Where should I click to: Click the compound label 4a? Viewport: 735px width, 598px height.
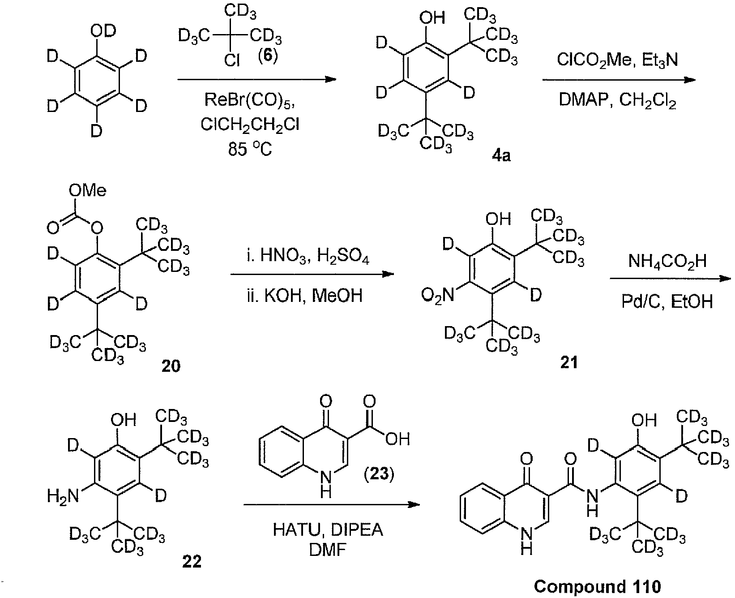501,156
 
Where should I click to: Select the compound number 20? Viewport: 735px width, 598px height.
171,366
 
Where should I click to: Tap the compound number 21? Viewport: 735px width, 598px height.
569,362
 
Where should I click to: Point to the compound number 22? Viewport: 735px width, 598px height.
192,561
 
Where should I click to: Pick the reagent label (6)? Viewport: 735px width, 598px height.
268,57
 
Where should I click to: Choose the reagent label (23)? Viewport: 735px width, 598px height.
379,473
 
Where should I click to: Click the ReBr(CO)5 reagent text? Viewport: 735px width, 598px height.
249,100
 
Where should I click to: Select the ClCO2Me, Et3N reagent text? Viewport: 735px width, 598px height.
617,60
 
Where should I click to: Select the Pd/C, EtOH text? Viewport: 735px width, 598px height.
667,302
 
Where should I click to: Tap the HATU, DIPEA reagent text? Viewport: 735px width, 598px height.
328,530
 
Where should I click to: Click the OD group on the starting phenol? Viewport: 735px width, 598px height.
103,31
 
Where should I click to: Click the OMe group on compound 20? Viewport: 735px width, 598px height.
88,191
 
